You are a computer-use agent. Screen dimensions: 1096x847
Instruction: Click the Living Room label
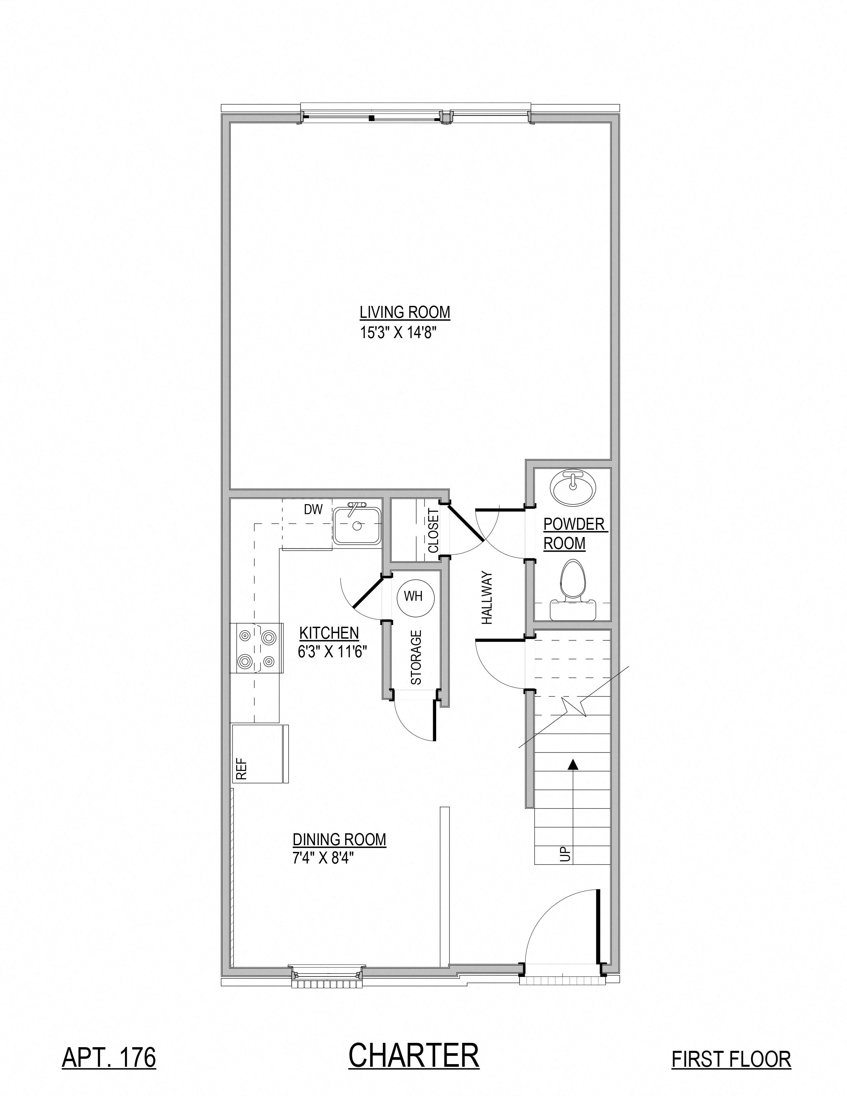tap(405, 312)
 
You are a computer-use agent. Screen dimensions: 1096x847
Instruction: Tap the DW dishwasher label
tap(313, 509)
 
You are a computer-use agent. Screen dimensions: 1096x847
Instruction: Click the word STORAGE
tap(416, 657)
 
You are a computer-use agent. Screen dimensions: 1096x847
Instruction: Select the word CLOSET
tap(433, 531)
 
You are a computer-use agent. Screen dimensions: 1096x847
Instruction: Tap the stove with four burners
tap(256, 648)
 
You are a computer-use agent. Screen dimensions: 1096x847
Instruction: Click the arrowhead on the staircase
tap(572, 764)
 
